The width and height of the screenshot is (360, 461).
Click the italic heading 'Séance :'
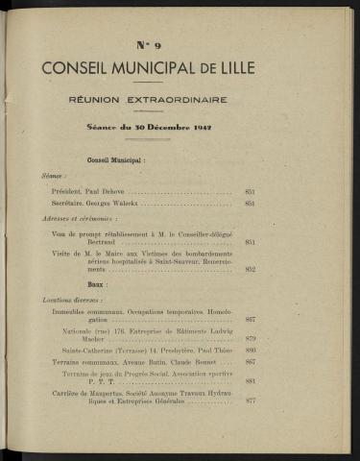(x=55, y=177)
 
